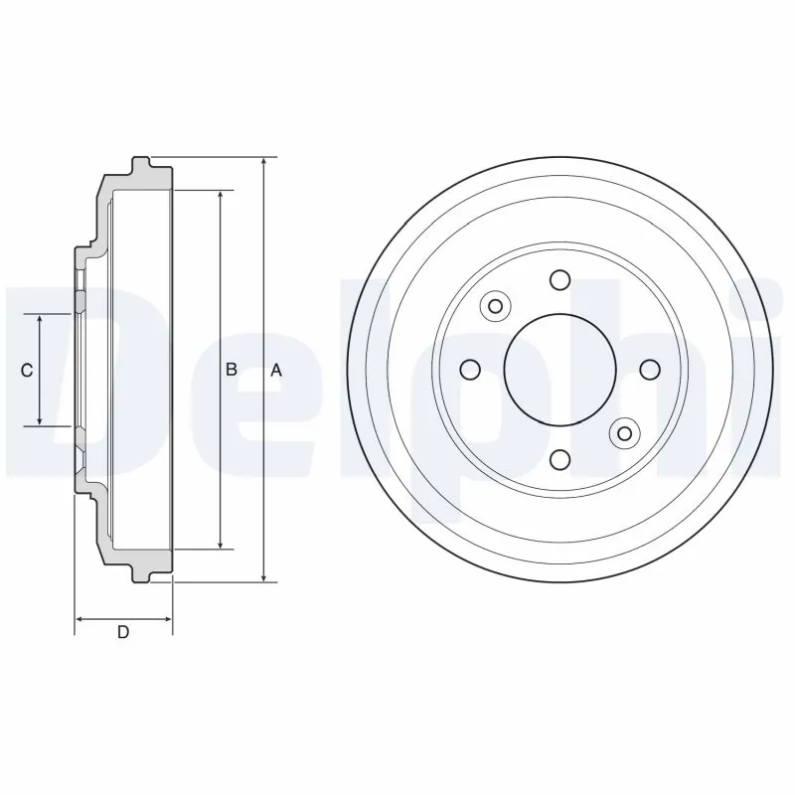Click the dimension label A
pyautogui.click(x=277, y=370)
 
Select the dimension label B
pyautogui.click(x=231, y=370)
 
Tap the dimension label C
pyautogui.click(x=28, y=370)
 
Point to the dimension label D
pyautogui.click(x=123, y=632)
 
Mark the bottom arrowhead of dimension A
pyautogui.click(x=264, y=575)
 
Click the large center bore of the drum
pyautogui.click(x=559, y=370)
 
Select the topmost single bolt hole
pyautogui.click(x=559, y=279)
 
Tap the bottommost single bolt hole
pyautogui.click(x=559, y=459)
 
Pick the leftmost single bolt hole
pyautogui.click(x=470, y=370)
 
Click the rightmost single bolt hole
pyautogui.click(x=650, y=370)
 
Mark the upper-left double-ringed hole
pyautogui.click(x=495, y=305)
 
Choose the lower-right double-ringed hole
pyautogui.click(x=624, y=432)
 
